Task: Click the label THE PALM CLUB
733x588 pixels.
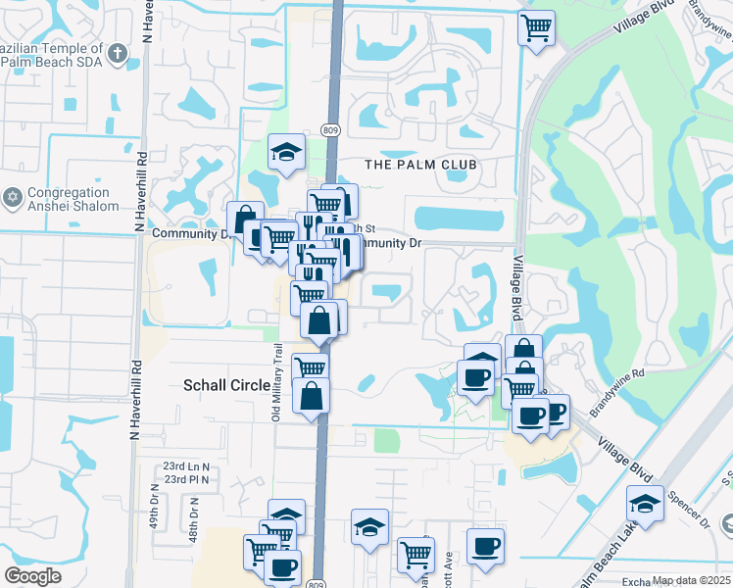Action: [x=420, y=164]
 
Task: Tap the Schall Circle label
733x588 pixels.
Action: [x=226, y=386]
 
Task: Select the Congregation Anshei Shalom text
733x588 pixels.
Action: [x=73, y=200]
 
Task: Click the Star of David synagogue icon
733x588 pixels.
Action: [x=13, y=199]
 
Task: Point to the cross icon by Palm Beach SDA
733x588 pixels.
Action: [x=117, y=54]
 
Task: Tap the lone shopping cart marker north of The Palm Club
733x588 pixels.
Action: [x=536, y=26]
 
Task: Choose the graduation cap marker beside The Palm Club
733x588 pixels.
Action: [x=286, y=152]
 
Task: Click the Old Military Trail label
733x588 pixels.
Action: [x=277, y=382]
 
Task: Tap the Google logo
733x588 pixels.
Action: [x=33, y=576]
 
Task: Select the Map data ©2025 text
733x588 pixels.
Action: [x=691, y=580]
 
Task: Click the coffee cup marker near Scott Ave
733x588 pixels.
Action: [x=485, y=546]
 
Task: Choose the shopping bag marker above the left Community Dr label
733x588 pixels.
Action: [x=245, y=218]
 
